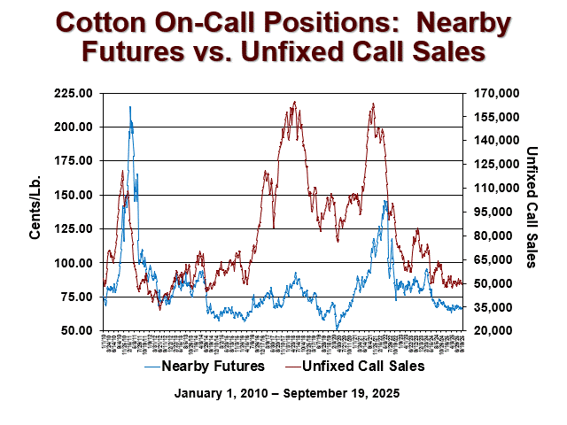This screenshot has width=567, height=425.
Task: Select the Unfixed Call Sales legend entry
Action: click(x=364, y=365)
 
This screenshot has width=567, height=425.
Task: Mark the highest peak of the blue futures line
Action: click(x=130, y=107)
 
